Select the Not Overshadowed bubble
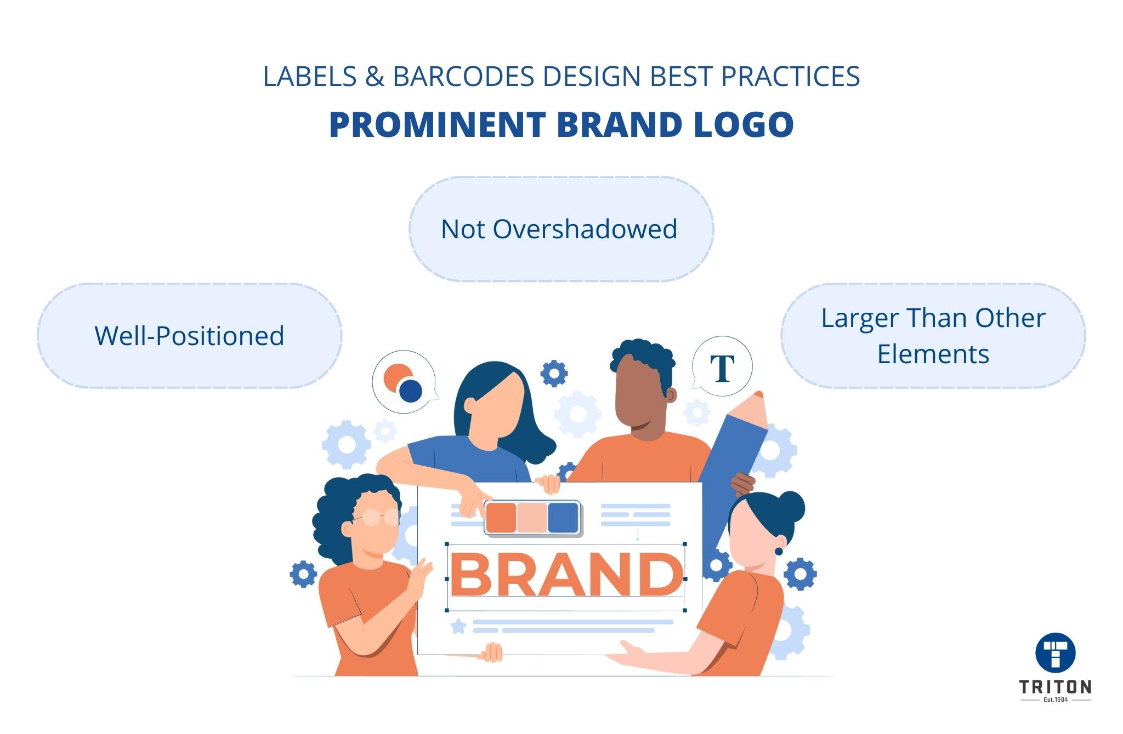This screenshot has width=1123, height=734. [x=561, y=229]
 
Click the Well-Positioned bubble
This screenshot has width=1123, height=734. [x=190, y=336]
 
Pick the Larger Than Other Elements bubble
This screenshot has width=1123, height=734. [x=933, y=336]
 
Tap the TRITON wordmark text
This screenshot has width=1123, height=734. [x=1055, y=687]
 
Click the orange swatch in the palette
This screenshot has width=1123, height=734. [x=501, y=518]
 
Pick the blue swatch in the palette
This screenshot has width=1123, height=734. [x=563, y=518]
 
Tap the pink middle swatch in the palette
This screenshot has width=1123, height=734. [x=532, y=518]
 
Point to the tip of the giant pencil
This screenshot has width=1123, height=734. [x=758, y=394]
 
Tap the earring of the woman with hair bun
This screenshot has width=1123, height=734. [x=778, y=551]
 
